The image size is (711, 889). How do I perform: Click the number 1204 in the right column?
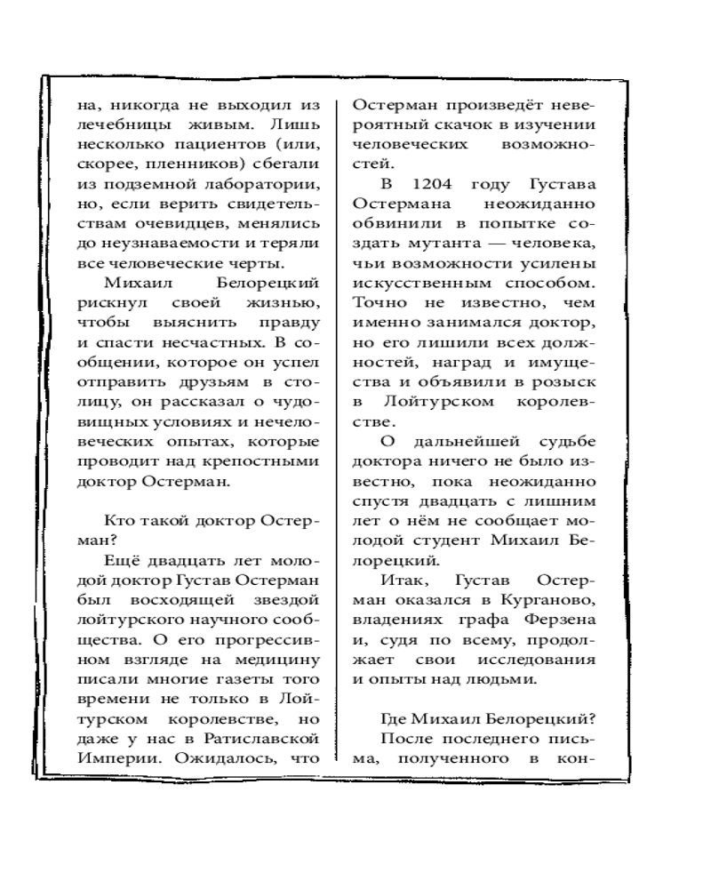click(x=429, y=184)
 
